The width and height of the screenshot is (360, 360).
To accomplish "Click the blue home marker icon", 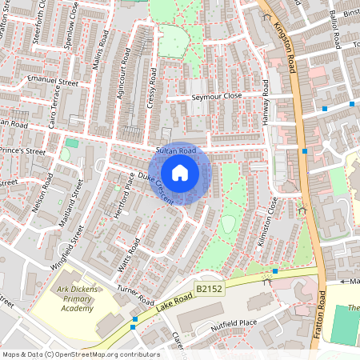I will coord(180,173).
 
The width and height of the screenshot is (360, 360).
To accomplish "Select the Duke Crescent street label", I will coord(154,187).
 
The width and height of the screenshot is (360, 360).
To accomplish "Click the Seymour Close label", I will coord(216,96).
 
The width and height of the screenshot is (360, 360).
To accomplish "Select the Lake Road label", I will coord(166,307).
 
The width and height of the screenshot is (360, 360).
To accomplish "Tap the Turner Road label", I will coord(134,298).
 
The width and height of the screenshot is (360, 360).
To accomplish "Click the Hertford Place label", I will coord(113,192).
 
